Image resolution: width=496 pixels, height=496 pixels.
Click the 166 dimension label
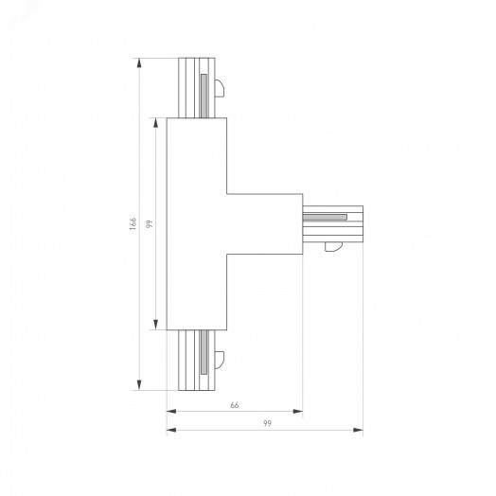point(134,224)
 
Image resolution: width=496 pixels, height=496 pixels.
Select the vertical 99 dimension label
point(149,224)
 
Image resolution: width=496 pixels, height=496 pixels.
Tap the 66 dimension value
point(234,405)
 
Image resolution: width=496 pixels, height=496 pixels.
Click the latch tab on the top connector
point(219,90)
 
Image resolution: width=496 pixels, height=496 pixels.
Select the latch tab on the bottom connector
point(219,358)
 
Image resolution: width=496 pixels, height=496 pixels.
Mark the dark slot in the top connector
point(203,94)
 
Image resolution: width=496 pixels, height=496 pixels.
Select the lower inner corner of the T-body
point(226,255)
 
